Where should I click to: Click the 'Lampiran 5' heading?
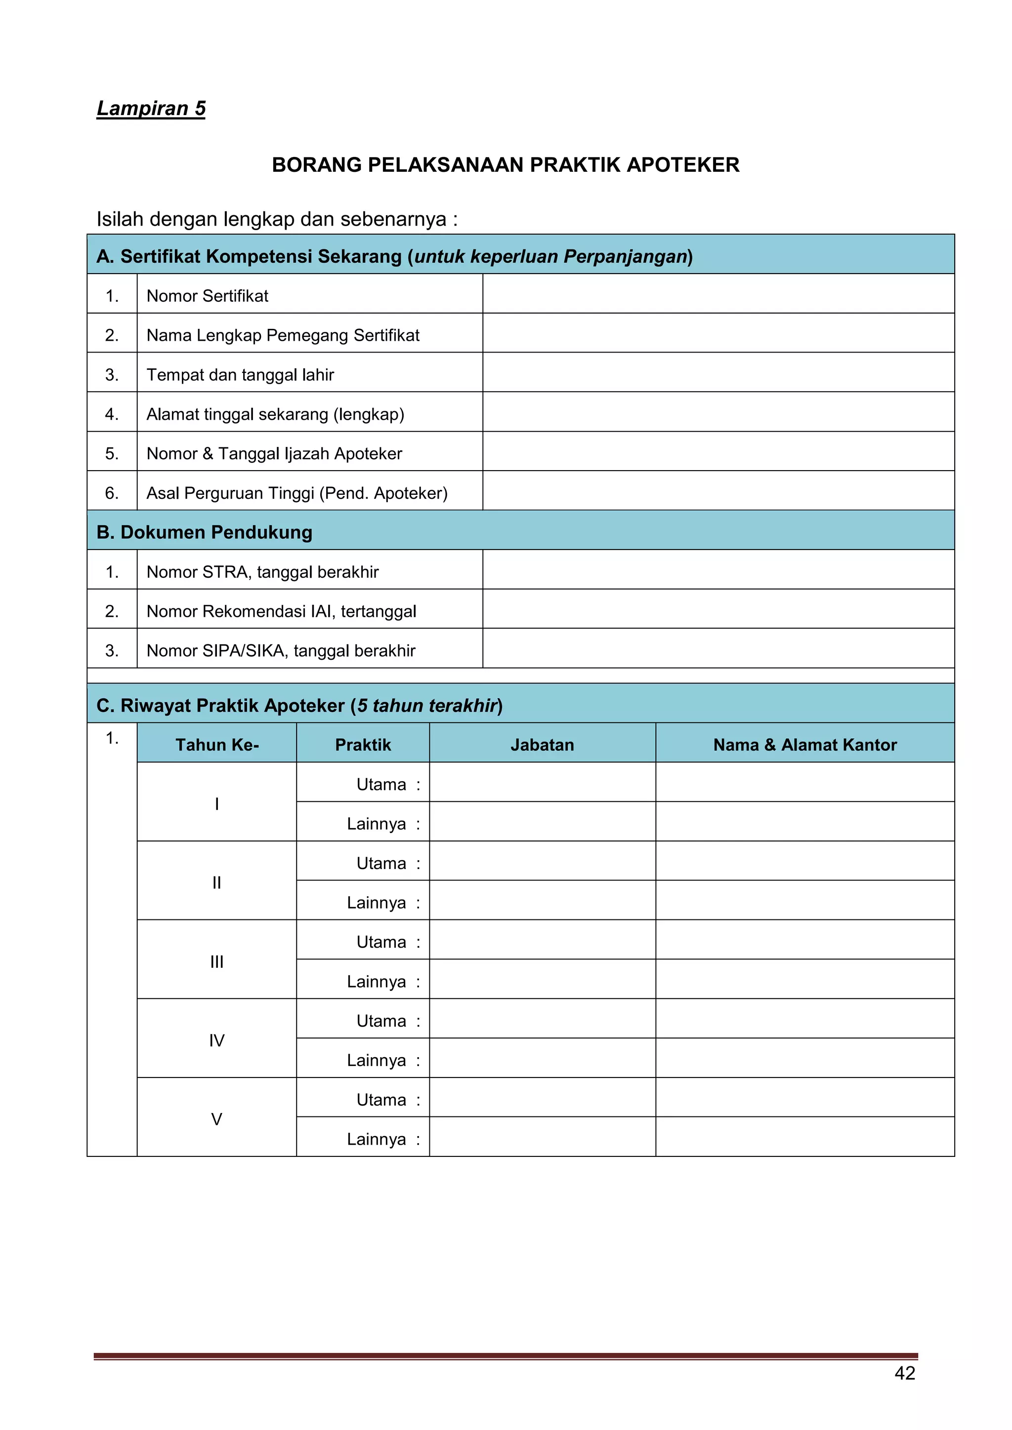point(151,108)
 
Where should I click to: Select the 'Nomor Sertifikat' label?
point(207,296)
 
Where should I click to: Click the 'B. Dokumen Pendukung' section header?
point(205,532)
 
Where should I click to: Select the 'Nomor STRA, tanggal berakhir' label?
point(262,572)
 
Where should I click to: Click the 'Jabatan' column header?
point(542,745)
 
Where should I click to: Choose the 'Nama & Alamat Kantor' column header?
point(804,745)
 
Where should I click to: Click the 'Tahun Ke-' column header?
point(217,745)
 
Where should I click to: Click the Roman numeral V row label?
point(216,1119)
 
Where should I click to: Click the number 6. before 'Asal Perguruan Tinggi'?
point(112,493)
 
